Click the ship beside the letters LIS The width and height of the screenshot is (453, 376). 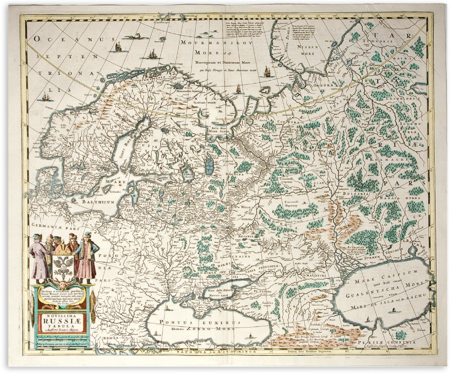[x=46, y=97]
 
